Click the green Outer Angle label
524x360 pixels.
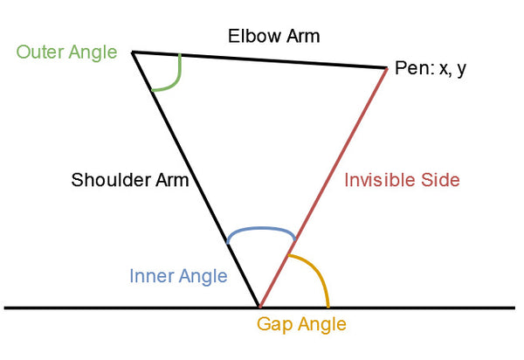(66, 52)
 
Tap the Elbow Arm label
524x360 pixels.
(273, 37)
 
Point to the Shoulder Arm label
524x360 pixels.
(130, 182)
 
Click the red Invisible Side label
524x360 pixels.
(402, 180)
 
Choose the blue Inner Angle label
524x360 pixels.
(178, 276)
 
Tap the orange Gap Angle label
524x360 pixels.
(301, 324)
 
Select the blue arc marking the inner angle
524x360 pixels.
(260, 230)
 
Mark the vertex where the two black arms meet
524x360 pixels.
(133, 52)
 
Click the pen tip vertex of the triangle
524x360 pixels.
(387, 67)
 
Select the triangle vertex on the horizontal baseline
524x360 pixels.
(259, 307)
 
